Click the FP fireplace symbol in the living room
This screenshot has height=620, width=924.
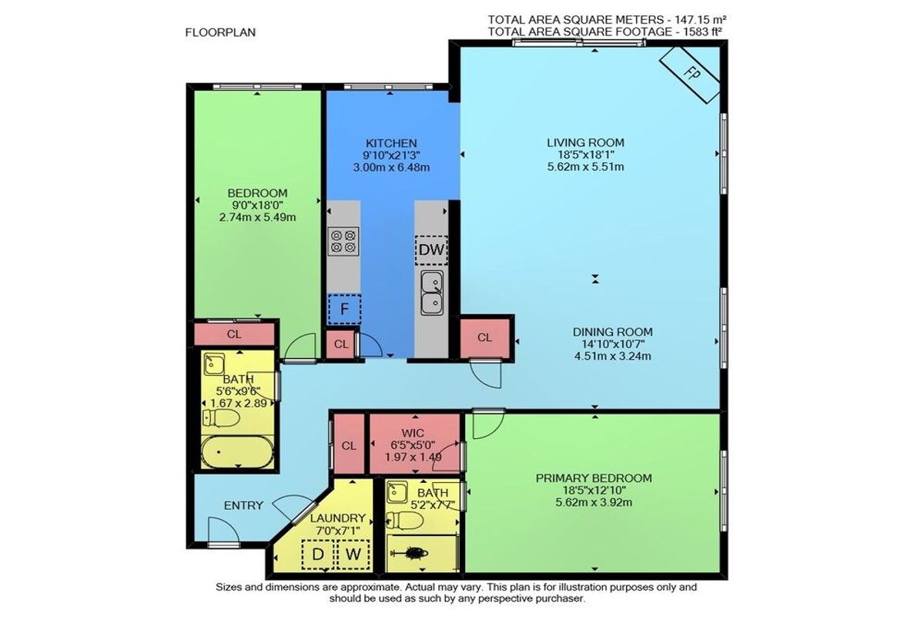point(689,75)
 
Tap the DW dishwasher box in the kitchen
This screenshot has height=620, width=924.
point(431,250)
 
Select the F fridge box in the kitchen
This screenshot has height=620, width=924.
point(344,309)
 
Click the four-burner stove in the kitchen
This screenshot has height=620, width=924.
point(343,241)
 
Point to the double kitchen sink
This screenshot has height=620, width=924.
point(432,293)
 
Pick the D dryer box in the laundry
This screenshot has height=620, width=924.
point(317,555)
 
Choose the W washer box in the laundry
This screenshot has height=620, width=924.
point(353,555)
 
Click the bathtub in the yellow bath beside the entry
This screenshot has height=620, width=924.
point(237,451)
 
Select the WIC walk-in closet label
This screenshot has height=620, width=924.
point(413,433)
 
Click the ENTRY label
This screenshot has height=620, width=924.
point(243,505)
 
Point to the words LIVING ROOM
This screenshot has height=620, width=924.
point(585,142)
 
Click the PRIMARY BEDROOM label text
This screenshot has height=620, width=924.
point(594,478)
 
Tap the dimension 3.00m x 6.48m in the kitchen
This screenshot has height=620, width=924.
point(391,167)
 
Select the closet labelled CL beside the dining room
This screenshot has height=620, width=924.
point(484,338)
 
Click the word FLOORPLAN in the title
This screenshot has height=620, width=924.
point(220,32)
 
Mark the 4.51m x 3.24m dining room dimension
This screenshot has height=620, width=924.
point(613,356)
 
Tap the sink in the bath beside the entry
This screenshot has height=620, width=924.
point(214,364)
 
